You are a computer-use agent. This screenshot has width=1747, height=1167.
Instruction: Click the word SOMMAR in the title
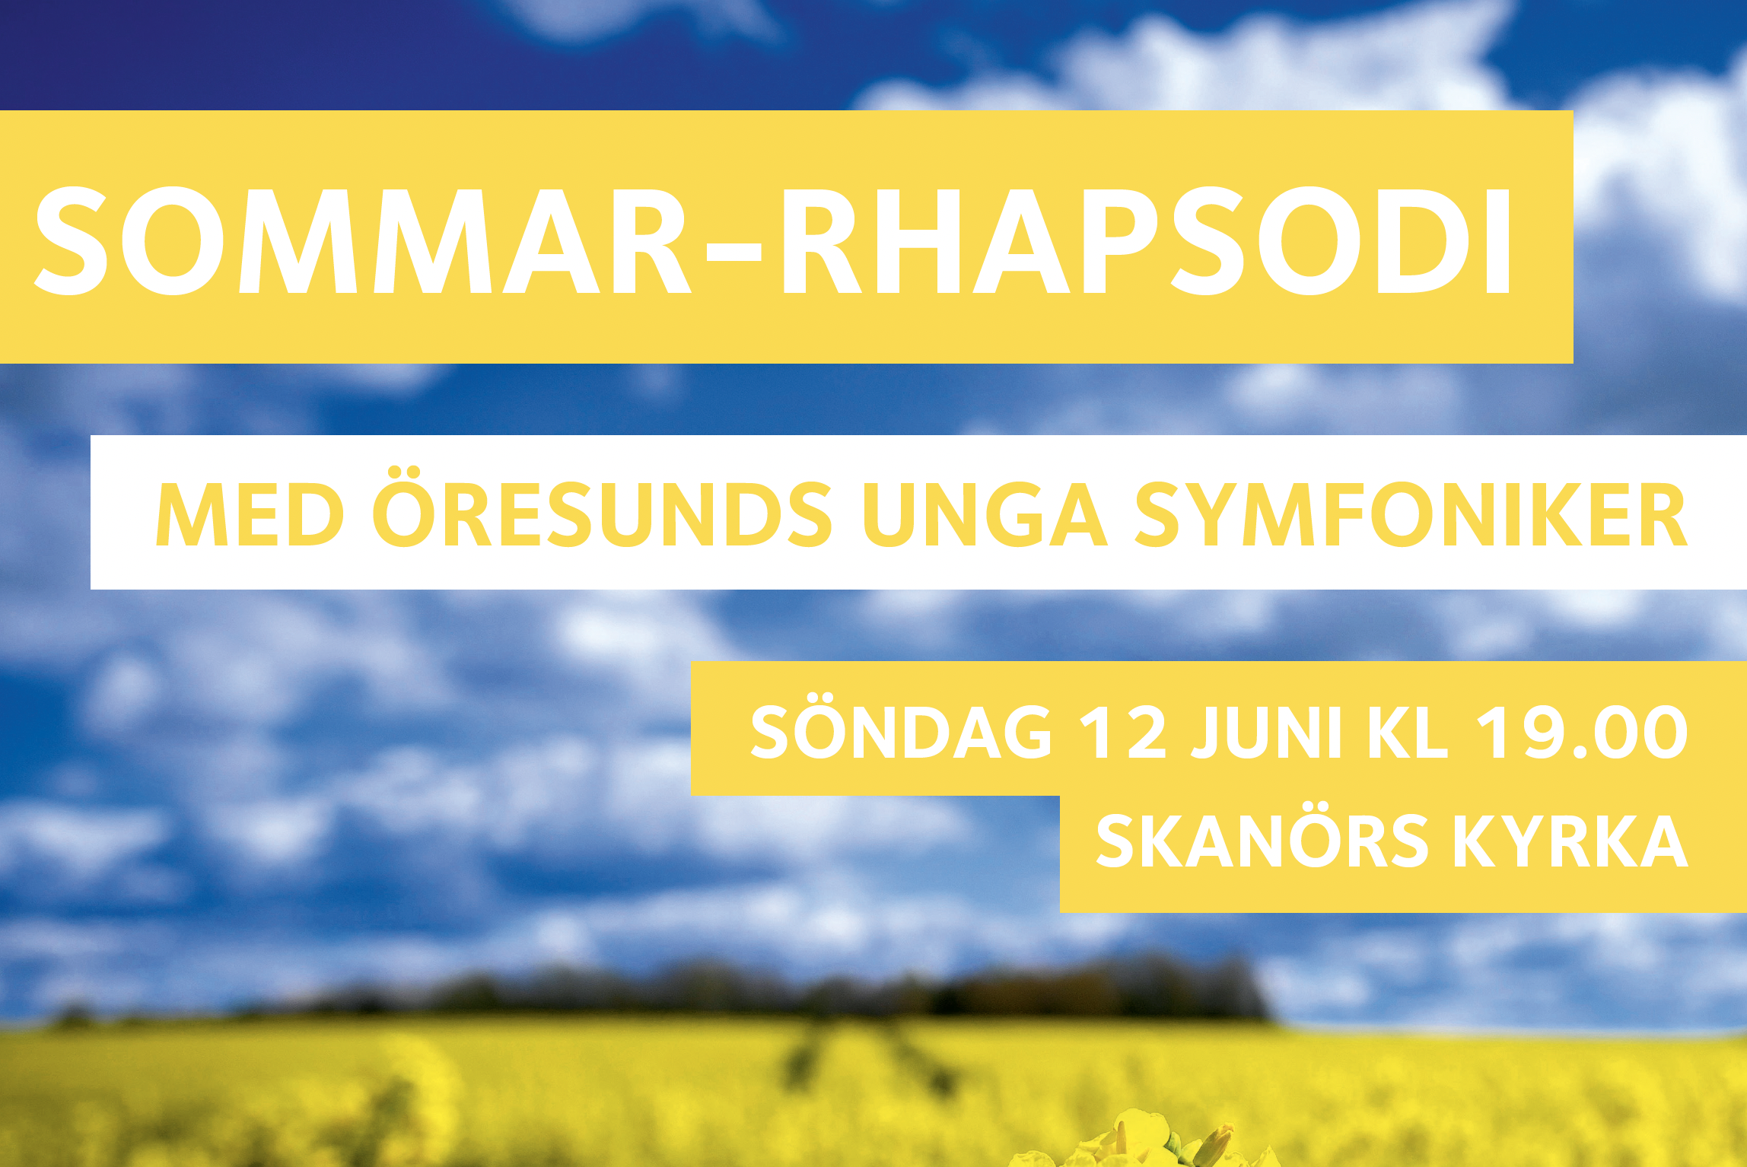[x=362, y=240]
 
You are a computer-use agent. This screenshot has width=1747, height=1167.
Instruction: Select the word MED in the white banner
[x=250, y=515]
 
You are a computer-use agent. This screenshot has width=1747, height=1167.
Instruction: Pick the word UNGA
[x=985, y=515]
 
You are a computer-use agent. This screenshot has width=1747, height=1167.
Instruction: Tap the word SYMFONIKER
[x=1411, y=515]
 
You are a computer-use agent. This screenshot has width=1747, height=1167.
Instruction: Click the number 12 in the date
[x=1123, y=732]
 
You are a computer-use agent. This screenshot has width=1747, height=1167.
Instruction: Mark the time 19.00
[x=1582, y=732]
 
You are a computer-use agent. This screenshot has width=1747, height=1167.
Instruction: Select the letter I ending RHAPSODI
[x=1499, y=241]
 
